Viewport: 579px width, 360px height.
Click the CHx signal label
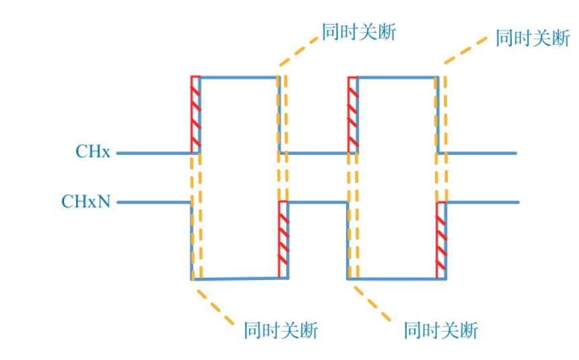pyautogui.click(x=92, y=152)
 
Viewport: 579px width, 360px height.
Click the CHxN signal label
pyautogui.click(x=86, y=201)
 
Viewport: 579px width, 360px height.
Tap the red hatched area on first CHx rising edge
pyautogui.click(x=195, y=112)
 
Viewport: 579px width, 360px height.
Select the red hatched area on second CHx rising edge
pyautogui.click(x=352, y=112)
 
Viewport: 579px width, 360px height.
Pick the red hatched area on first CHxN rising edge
pyautogui.click(x=283, y=239)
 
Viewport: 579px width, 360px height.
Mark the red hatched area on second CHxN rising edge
pyautogui.click(x=441, y=239)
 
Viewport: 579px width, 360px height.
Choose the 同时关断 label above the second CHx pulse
pyautogui.click(x=533, y=38)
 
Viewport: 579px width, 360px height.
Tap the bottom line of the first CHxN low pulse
pyautogui.click(x=240, y=278)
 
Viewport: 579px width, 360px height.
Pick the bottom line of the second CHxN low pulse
pyautogui.click(x=397, y=278)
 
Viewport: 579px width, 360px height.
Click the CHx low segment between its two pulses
pyautogui.click(x=316, y=153)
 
